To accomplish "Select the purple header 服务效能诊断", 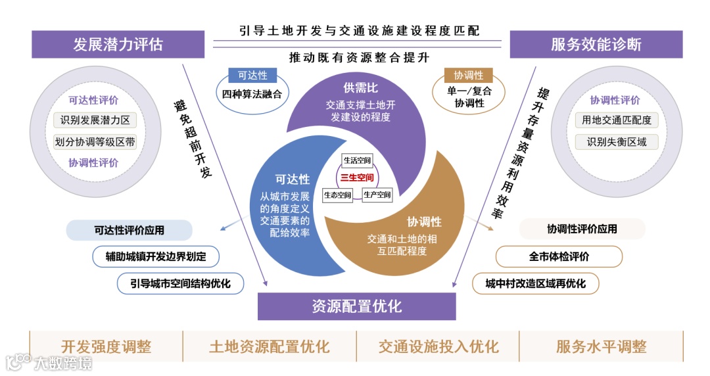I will pyautogui.click(x=596, y=45).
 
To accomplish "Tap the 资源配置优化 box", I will pyautogui.click(x=356, y=306).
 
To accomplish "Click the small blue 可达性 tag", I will pyautogui.click(x=252, y=75).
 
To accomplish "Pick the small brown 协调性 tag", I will pyautogui.click(x=468, y=76).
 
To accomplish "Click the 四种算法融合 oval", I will pyautogui.click(x=252, y=94).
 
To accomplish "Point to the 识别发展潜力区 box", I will pyautogui.click(x=95, y=120).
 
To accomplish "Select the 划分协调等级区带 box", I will pyautogui.click(x=95, y=142).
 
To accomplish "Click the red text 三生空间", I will pyautogui.click(x=357, y=177).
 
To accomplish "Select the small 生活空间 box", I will pyautogui.click(x=358, y=160).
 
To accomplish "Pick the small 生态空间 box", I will pyautogui.click(x=337, y=195).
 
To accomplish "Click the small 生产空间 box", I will pyautogui.click(x=377, y=195).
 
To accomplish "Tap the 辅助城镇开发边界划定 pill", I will pyautogui.click(x=156, y=256).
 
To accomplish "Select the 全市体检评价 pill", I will pyautogui.click(x=559, y=256).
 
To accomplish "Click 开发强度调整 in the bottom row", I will pyautogui.click(x=106, y=346).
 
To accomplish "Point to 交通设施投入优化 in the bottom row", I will pyautogui.click(x=438, y=346).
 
